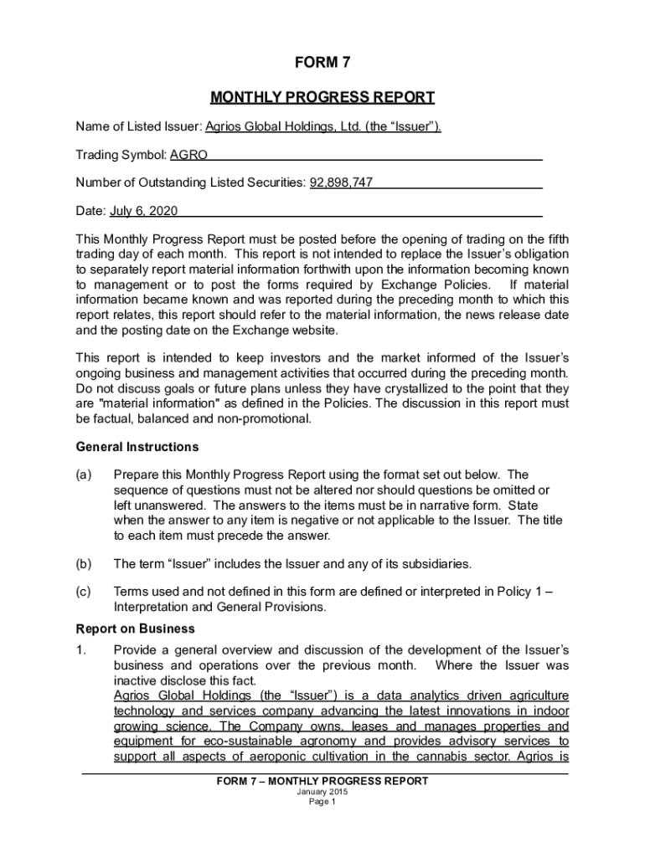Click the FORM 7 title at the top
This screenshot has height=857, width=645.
[322, 63]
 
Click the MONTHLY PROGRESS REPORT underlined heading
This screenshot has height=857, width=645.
[322, 98]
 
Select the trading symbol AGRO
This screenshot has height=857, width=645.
[188, 155]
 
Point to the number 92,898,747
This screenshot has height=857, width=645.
[341, 182]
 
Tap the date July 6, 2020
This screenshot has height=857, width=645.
[139, 211]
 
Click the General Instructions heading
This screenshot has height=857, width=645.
[137, 447]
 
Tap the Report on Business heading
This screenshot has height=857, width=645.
[135, 629]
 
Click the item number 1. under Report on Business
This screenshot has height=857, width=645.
[81, 650]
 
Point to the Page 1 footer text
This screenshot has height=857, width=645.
[322, 802]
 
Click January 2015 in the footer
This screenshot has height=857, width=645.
[322, 792]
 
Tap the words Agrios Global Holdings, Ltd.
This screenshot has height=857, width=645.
[282, 126]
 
